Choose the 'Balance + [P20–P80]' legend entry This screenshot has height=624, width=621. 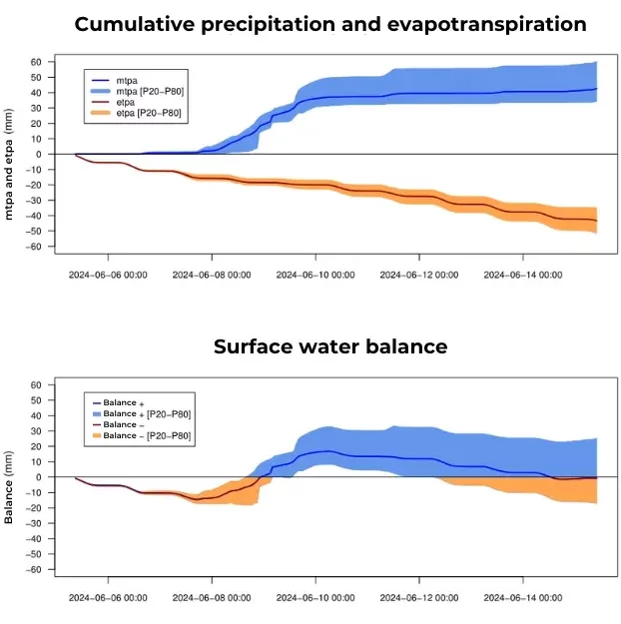[147, 413]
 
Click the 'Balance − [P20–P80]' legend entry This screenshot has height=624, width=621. [147, 436]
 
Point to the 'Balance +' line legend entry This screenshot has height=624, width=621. [124, 402]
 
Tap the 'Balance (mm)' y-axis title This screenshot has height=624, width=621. [10, 477]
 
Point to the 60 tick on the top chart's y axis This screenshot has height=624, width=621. [34, 62]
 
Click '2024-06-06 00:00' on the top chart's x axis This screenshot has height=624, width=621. [109, 274]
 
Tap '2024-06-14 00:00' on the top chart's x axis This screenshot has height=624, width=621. [522, 274]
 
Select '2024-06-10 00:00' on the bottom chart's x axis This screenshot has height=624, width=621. [315, 597]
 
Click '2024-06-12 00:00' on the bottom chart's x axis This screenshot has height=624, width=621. [418, 597]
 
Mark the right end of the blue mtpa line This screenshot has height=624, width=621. [597, 89]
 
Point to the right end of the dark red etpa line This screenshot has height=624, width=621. [597, 221]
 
